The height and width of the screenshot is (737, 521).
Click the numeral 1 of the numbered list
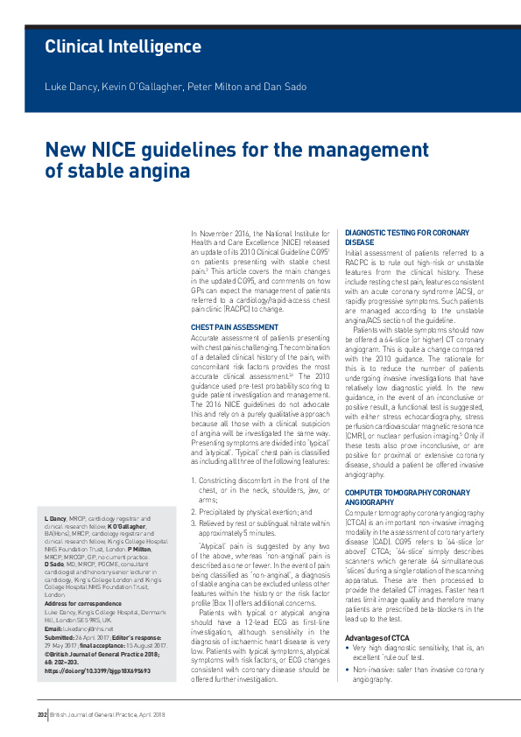click(194, 480)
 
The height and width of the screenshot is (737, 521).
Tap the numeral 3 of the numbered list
click(194, 523)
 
